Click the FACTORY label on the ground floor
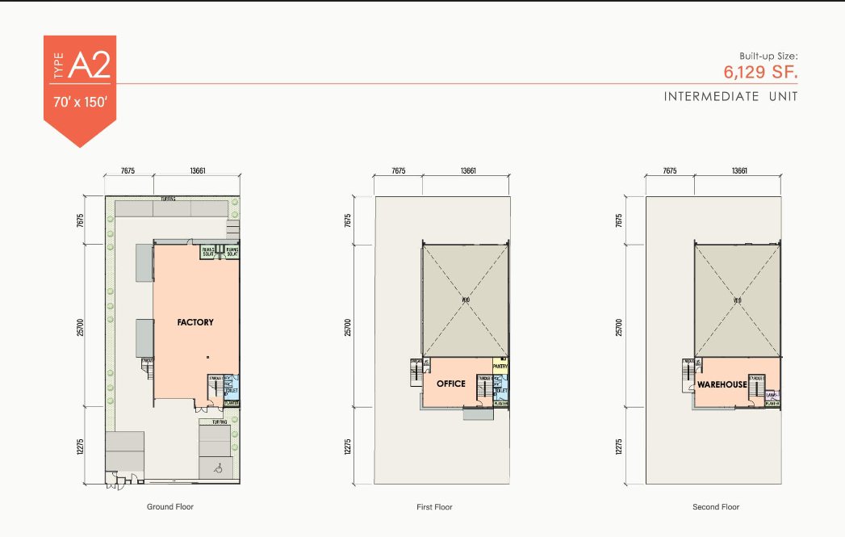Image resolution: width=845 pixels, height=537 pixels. pyautogui.click(x=195, y=322)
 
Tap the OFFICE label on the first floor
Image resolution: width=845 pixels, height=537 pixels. pyautogui.click(x=450, y=384)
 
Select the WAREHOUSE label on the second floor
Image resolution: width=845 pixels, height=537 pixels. pyautogui.click(x=722, y=384)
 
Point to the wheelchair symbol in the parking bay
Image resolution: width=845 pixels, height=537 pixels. pyautogui.click(x=217, y=467)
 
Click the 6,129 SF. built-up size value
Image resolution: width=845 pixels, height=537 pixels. pyautogui.click(x=760, y=71)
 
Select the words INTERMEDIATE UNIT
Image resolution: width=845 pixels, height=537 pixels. pyautogui.click(x=730, y=97)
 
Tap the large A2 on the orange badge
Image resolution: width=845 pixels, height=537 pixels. pyautogui.click(x=89, y=66)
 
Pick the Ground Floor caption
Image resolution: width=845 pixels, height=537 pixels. pyautogui.click(x=170, y=507)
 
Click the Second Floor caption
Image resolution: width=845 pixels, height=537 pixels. pyautogui.click(x=717, y=507)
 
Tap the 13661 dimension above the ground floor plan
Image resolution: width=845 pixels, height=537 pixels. pyautogui.click(x=197, y=171)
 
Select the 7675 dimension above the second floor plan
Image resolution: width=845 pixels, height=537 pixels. pyautogui.click(x=669, y=171)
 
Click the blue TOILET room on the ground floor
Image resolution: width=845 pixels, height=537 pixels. pyautogui.click(x=229, y=388)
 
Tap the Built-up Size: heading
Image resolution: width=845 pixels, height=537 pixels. pyautogui.click(x=768, y=56)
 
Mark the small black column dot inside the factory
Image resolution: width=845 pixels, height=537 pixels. pyautogui.click(x=207, y=356)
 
